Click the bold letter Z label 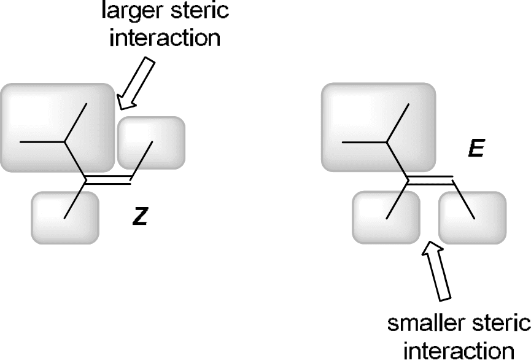(140, 217)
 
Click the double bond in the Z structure (108, 181)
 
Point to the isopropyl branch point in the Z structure (65, 142)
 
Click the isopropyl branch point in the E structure (387, 142)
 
